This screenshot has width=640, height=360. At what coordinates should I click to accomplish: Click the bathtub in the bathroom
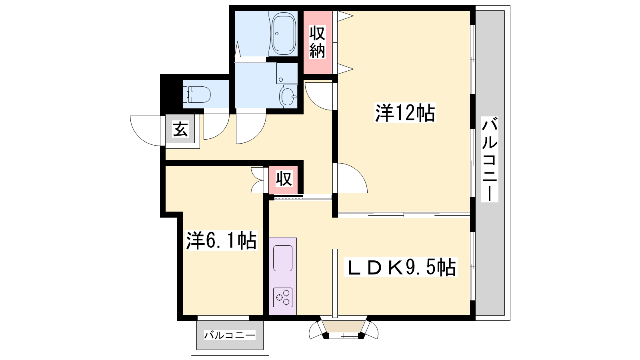point(283,33)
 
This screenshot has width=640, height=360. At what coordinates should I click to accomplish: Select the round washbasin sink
point(288,96)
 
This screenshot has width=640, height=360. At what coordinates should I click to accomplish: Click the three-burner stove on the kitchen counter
point(283,297)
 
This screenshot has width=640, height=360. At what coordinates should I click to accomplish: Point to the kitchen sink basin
point(283,258)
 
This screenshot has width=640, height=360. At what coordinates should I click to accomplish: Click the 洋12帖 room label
point(405,113)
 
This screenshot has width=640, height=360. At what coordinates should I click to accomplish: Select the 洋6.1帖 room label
point(221,240)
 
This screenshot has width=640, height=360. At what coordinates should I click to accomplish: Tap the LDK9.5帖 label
point(400,267)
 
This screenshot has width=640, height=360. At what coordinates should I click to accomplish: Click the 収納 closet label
point(317,42)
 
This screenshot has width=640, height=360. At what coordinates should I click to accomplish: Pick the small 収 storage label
point(284,179)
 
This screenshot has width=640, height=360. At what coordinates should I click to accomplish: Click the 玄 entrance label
point(180,129)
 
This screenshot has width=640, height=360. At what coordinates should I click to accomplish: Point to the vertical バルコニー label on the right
point(490,159)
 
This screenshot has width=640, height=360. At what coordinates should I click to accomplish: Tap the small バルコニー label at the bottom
point(230,335)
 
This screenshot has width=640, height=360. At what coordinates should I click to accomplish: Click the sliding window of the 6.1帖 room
point(223,318)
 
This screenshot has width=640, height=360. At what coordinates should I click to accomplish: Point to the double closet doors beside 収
point(258,180)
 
